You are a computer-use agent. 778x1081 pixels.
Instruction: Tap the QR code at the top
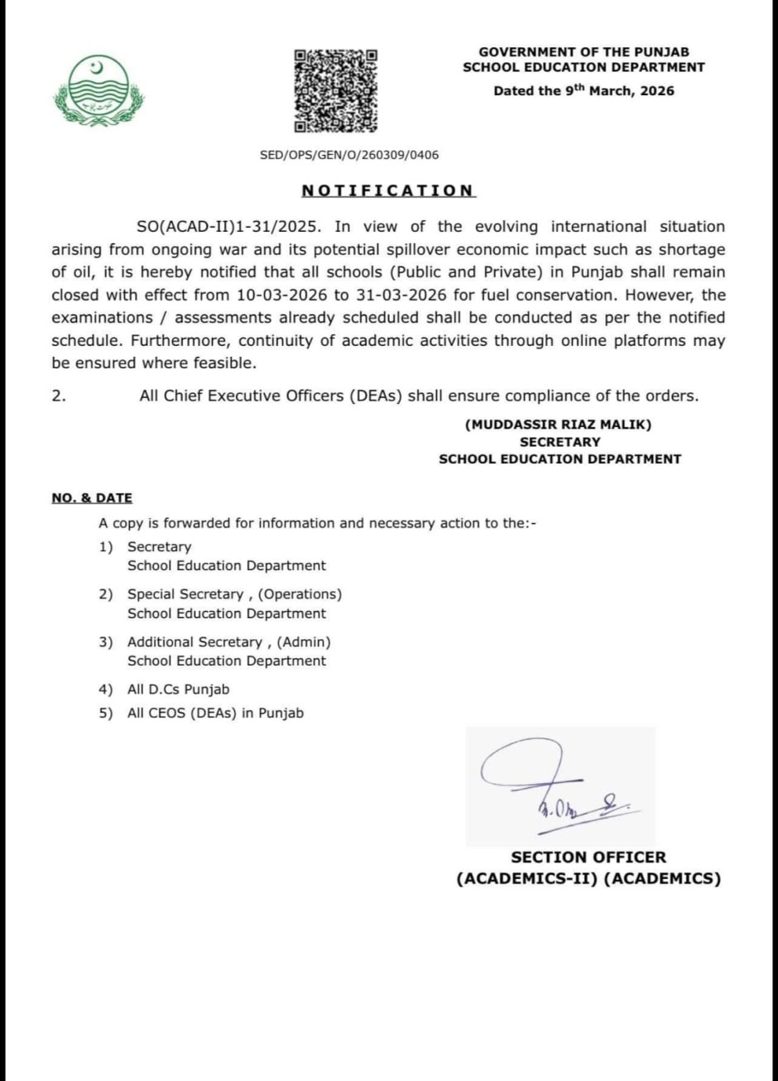[335, 90]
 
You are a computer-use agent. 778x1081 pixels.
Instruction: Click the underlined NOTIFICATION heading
[387, 190]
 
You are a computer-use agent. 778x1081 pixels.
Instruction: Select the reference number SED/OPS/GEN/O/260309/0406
[349, 155]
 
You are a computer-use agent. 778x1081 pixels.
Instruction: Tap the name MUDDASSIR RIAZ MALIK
[559, 425]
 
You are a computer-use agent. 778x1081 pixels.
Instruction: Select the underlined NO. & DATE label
[92, 498]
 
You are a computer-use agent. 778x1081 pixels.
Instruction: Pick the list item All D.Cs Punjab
[178, 689]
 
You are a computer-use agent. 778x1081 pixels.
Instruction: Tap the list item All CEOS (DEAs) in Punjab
[215, 713]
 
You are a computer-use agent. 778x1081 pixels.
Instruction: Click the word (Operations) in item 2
[300, 594]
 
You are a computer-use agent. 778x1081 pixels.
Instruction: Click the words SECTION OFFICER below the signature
[588, 858]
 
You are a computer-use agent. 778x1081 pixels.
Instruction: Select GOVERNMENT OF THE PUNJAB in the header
[583, 52]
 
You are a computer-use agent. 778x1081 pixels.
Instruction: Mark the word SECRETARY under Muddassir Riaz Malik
[560, 442]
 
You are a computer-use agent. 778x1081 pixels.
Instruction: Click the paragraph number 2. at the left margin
[58, 396]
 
